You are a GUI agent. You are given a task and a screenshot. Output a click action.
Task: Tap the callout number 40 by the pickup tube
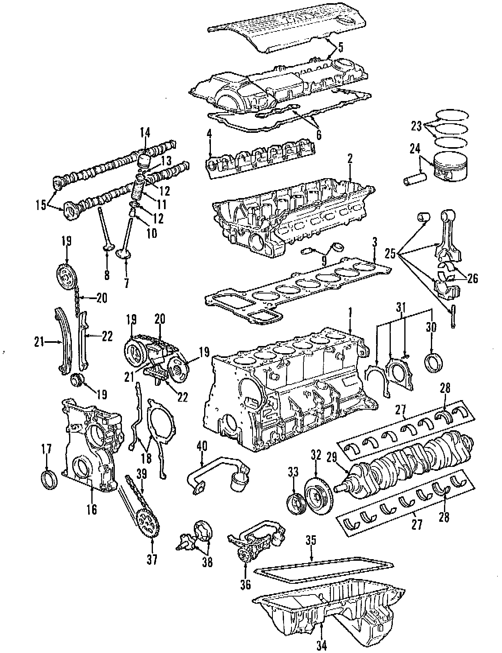(202, 446)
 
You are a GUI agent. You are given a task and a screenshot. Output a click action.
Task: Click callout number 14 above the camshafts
(145, 132)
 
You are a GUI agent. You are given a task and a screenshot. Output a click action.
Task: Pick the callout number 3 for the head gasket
(374, 243)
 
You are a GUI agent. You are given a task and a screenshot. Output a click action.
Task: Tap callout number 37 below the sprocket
(152, 560)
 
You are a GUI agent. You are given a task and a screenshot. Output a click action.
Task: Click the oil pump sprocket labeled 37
(147, 524)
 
